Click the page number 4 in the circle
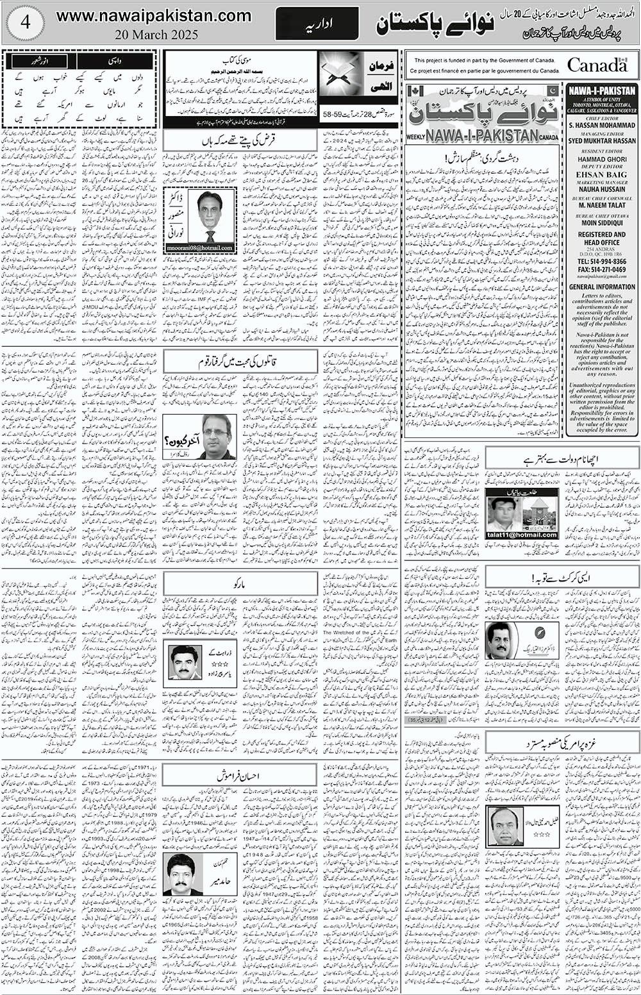(x=24, y=22)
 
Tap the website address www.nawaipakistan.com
(x=154, y=15)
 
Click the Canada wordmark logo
(x=597, y=65)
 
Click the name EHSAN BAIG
(x=601, y=173)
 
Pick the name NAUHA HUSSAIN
(x=601, y=190)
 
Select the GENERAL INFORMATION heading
(x=601, y=287)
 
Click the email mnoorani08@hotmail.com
(x=200, y=247)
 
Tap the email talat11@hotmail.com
(x=521, y=534)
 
